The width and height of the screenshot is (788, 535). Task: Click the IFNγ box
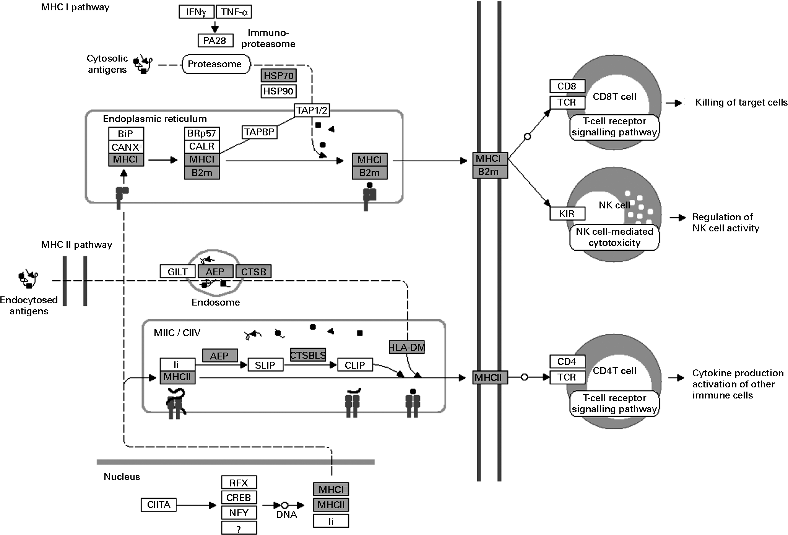tap(197, 12)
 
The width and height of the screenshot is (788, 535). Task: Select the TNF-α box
tap(234, 12)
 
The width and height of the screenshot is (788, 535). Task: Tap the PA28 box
tap(215, 40)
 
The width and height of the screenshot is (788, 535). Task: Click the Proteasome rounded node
tap(215, 64)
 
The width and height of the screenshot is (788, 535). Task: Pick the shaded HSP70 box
tap(278, 76)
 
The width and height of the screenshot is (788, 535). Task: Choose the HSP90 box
tap(278, 91)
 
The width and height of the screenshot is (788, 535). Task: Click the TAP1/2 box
tap(312, 111)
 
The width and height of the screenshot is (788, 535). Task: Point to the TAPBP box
tap(260, 132)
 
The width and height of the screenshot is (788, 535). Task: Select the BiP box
tap(126, 134)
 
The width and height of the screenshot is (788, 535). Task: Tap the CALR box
tap(202, 146)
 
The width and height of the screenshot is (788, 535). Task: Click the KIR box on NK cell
tap(567, 214)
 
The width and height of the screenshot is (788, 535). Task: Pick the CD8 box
tap(567, 86)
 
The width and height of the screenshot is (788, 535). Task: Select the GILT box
tap(177, 272)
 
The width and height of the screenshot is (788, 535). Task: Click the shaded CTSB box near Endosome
tap(253, 272)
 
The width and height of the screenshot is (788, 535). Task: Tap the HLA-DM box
tap(407, 347)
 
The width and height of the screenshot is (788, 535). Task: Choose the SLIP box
tap(265, 365)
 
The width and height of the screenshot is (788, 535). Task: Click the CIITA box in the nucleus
tap(159, 505)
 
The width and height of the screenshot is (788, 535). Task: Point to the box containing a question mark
tap(239, 529)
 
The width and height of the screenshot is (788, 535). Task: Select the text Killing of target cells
tap(741, 102)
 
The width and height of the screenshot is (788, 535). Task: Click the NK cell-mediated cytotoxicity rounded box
tap(614, 237)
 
